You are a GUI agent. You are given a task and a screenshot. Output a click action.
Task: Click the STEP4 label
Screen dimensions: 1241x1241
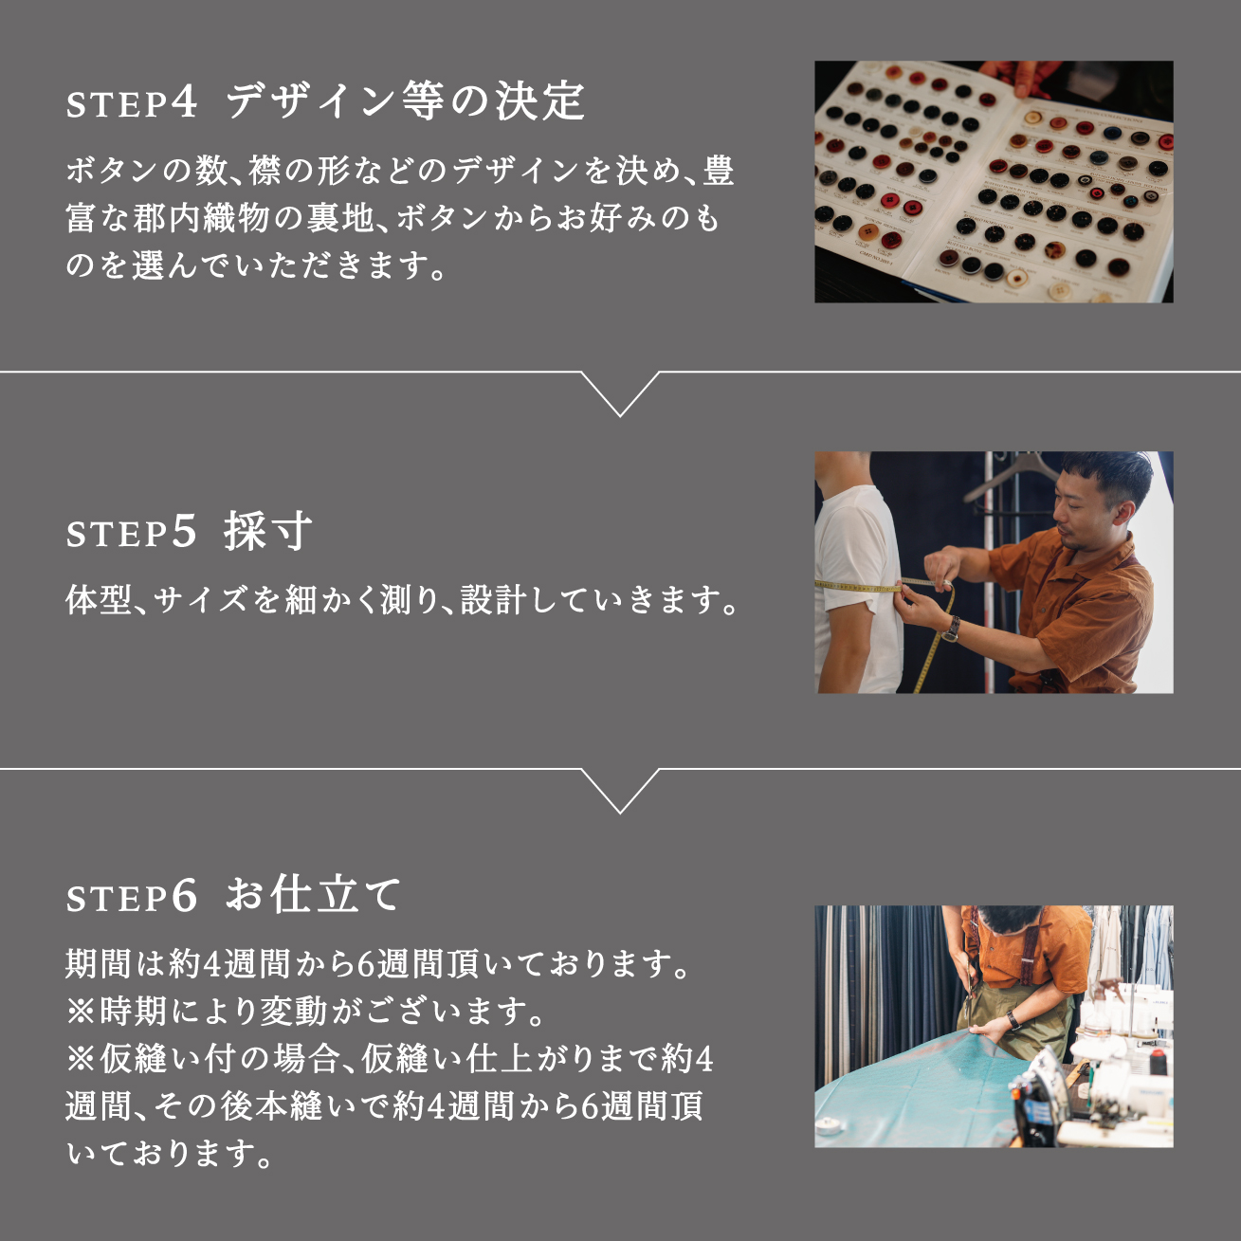[132, 102]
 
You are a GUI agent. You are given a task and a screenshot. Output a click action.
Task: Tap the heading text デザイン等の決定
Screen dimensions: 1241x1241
[405, 100]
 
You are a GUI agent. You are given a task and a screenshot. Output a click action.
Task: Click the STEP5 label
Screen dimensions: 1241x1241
[132, 533]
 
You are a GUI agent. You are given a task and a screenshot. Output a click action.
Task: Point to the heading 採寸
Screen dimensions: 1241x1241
[267, 531]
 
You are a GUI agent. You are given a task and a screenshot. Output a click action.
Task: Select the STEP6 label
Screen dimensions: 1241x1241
[132, 897]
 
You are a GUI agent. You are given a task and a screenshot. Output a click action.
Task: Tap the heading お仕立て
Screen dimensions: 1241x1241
[314, 895]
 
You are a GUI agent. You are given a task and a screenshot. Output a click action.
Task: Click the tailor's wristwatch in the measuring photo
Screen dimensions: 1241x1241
[951, 628]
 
